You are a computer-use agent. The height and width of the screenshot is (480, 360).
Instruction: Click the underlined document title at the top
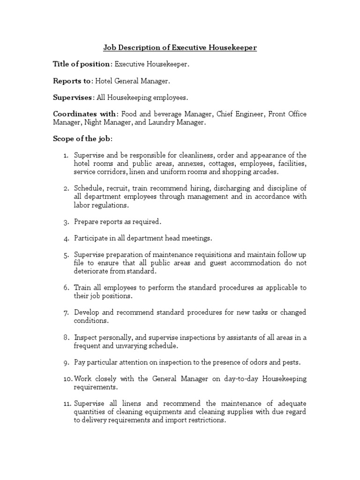(x=180, y=48)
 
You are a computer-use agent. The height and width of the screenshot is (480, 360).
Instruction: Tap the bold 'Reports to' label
(x=72, y=81)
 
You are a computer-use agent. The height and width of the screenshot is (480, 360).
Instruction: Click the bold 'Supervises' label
(x=73, y=97)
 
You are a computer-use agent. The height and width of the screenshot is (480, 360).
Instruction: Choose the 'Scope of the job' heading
(x=82, y=139)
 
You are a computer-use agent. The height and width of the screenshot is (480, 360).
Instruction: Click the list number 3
(x=67, y=222)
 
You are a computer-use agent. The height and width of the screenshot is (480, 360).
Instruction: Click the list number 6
(x=67, y=288)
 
